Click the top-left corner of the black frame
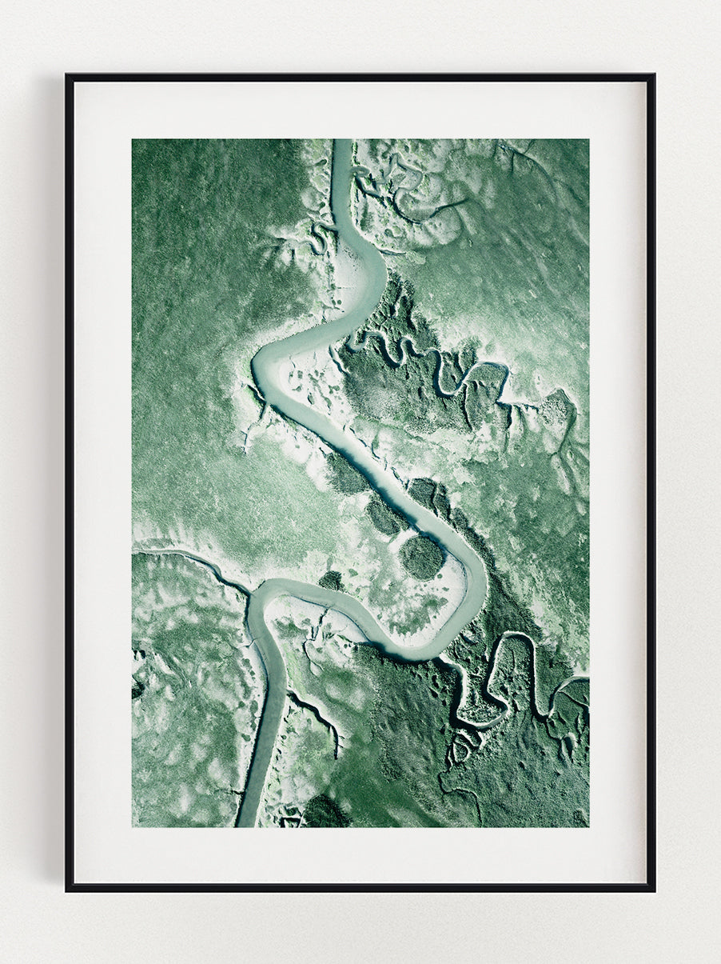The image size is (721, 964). [67, 76]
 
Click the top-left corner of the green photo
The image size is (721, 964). [133, 140]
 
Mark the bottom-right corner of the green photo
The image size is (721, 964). [588, 826]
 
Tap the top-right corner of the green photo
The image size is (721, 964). [588, 140]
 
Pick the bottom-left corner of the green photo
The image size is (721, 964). [133, 826]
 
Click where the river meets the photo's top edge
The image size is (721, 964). [342, 141]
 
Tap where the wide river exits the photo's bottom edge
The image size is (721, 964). [247, 824]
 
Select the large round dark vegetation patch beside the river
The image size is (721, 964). [421, 556]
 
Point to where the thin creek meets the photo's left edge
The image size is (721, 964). [134, 551]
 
